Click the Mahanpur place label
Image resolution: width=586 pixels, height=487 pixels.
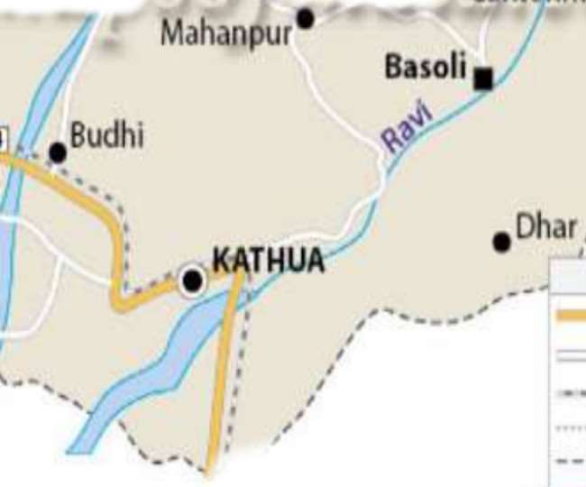click(x=226, y=34)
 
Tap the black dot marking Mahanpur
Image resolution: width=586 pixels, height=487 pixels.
click(x=306, y=18)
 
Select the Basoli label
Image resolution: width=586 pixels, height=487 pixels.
click(x=426, y=67)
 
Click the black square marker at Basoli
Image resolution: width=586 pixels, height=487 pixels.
click(x=484, y=79)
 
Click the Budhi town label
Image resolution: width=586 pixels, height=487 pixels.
click(x=106, y=136)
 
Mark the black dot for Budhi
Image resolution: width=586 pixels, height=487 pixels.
click(x=58, y=152)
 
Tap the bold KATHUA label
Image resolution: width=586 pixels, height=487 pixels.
click(x=268, y=261)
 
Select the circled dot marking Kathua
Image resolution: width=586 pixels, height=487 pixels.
click(x=192, y=280)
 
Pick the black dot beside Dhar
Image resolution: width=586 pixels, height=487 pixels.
click(x=502, y=242)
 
